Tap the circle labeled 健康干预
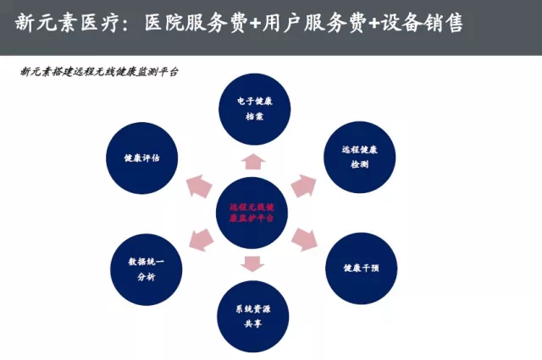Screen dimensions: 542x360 [359, 268]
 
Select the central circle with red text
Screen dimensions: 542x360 [252, 212]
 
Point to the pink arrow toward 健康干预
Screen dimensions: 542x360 [303, 240]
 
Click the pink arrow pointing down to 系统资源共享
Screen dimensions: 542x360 [252, 263]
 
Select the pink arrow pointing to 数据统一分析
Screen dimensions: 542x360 [201, 240]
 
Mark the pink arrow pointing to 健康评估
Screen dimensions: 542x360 [200, 184]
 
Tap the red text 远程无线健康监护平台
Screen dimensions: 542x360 [252, 212]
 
